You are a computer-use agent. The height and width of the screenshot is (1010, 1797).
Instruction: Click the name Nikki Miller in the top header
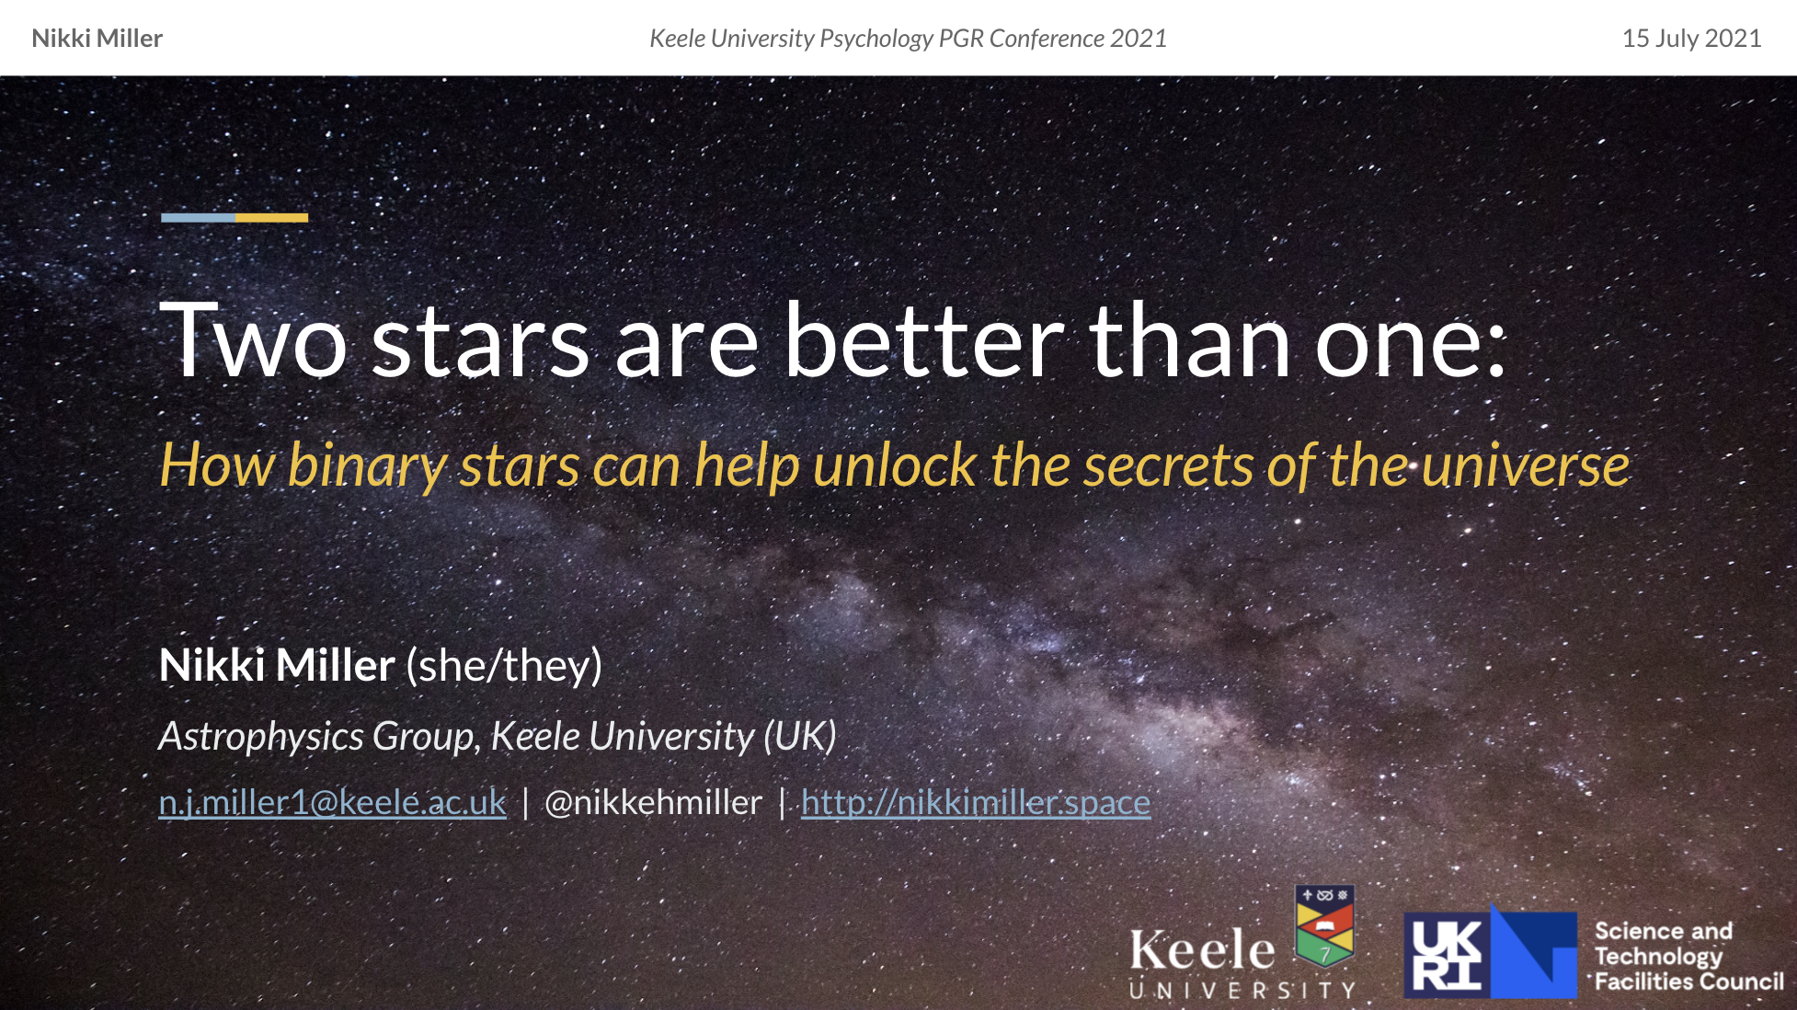pyautogui.click(x=97, y=39)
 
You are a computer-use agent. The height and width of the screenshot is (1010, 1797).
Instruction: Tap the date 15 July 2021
pyautogui.click(x=1691, y=39)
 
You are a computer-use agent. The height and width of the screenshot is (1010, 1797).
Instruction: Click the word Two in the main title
pyautogui.click(x=254, y=339)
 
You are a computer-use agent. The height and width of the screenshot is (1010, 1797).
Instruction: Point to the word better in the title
pyautogui.click(x=924, y=339)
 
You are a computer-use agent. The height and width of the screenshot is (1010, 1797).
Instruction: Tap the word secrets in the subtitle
pyautogui.click(x=1168, y=465)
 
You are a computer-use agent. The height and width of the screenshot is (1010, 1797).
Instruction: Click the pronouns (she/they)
pyautogui.click(x=504, y=666)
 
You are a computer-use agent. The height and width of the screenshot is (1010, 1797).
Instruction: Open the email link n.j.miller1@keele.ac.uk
pyautogui.click(x=332, y=802)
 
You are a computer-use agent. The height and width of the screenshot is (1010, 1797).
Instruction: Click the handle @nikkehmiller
pyautogui.click(x=653, y=802)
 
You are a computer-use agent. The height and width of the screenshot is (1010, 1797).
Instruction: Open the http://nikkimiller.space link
pyautogui.click(x=976, y=802)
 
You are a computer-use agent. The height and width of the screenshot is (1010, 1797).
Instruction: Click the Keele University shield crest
pyautogui.click(x=1324, y=925)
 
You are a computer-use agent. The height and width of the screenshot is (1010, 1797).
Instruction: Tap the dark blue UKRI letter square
pyautogui.click(x=1447, y=956)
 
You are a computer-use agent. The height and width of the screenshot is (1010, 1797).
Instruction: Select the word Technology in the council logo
pyautogui.click(x=1658, y=957)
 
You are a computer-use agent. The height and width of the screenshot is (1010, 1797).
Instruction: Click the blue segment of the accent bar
pyautogui.click(x=198, y=218)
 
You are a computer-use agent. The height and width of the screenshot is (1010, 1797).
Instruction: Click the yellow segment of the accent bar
pyautogui.click(x=271, y=218)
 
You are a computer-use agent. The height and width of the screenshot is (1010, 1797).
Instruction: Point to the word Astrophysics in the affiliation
pyautogui.click(x=261, y=736)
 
